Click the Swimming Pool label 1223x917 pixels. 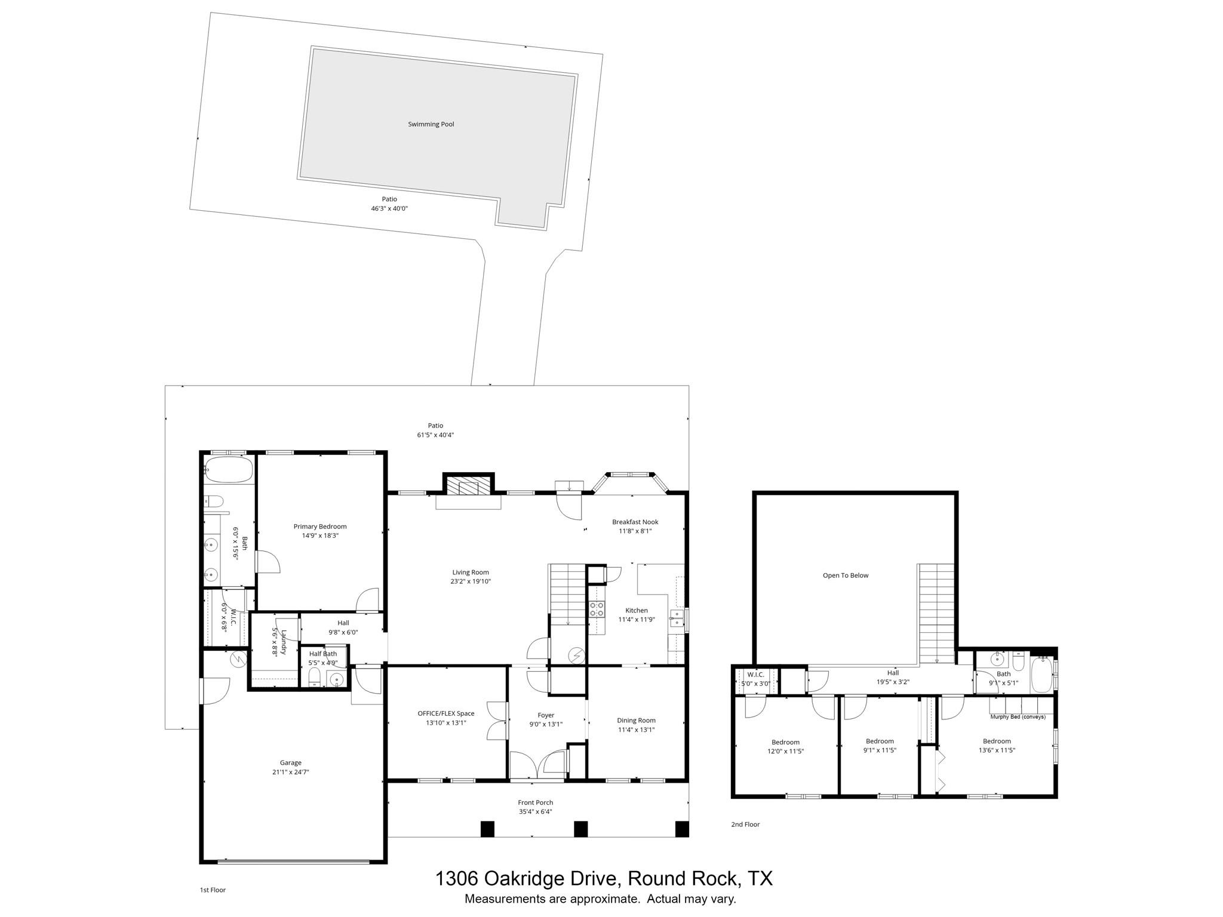point(431,124)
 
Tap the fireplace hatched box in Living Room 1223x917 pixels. point(469,485)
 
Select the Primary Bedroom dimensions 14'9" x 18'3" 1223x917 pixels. point(320,536)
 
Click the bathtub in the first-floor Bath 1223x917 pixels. point(228,470)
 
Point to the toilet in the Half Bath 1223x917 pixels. point(314,678)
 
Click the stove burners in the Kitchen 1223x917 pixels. point(596,609)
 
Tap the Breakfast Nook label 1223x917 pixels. point(635,522)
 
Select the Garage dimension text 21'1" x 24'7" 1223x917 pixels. point(290,772)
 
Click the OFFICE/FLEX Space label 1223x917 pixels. point(445,713)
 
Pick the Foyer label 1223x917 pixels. point(546,715)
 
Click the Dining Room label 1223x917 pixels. point(636,720)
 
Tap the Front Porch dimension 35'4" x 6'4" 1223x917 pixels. point(536,812)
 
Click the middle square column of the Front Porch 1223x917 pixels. point(580,829)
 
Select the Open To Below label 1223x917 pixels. point(845,576)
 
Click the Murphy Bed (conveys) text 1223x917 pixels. point(1018,717)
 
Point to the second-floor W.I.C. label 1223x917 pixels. point(755,675)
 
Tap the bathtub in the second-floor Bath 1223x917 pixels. point(1041,674)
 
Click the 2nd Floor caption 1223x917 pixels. point(745,824)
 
